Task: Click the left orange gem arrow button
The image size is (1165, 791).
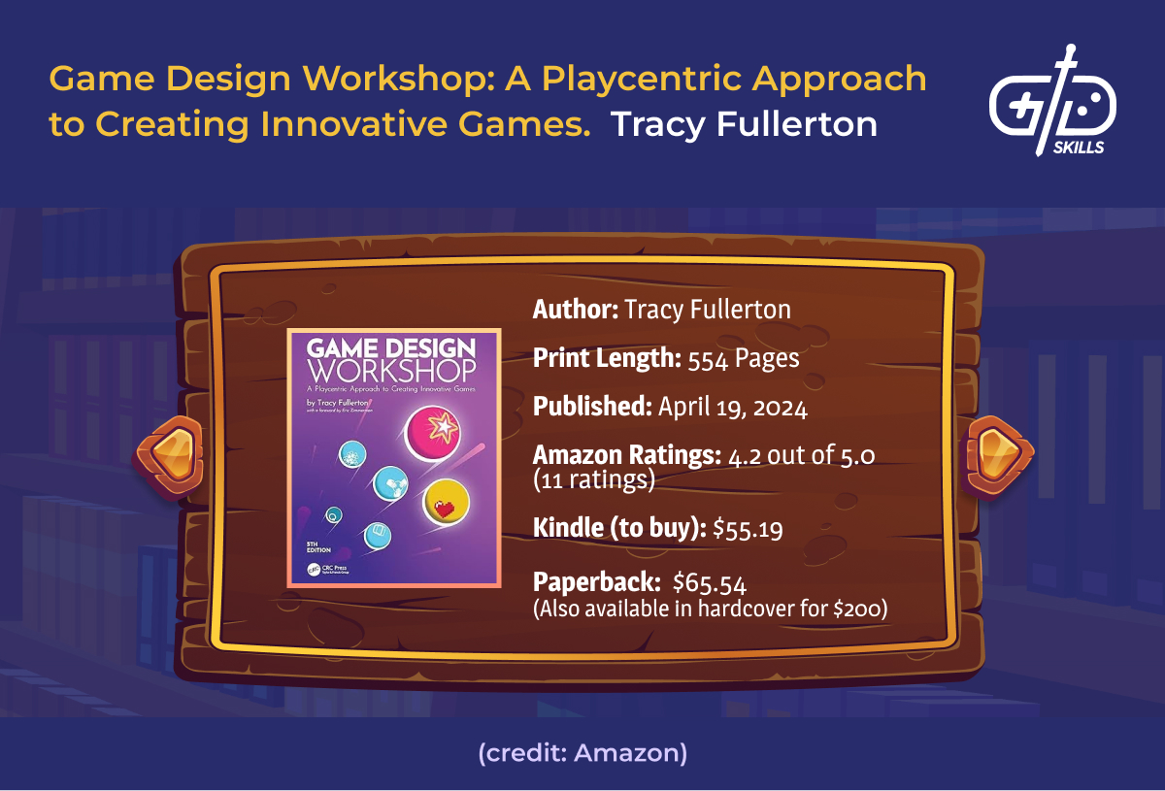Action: click(x=173, y=455)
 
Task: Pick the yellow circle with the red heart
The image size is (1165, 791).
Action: click(x=447, y=502)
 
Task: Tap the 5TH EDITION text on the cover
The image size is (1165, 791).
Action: click(x=319, y=545)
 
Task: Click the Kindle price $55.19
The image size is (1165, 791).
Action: click(x=749, y=529)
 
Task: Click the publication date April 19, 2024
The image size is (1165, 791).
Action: click(x=732, y=408)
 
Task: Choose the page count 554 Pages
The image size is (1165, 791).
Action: click(x=744, y=359)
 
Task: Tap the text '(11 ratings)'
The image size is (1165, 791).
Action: click(x=594, y=480)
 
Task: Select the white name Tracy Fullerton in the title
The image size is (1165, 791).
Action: click(x=744, y=125)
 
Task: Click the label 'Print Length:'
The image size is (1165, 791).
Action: click(x=607, y=359)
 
